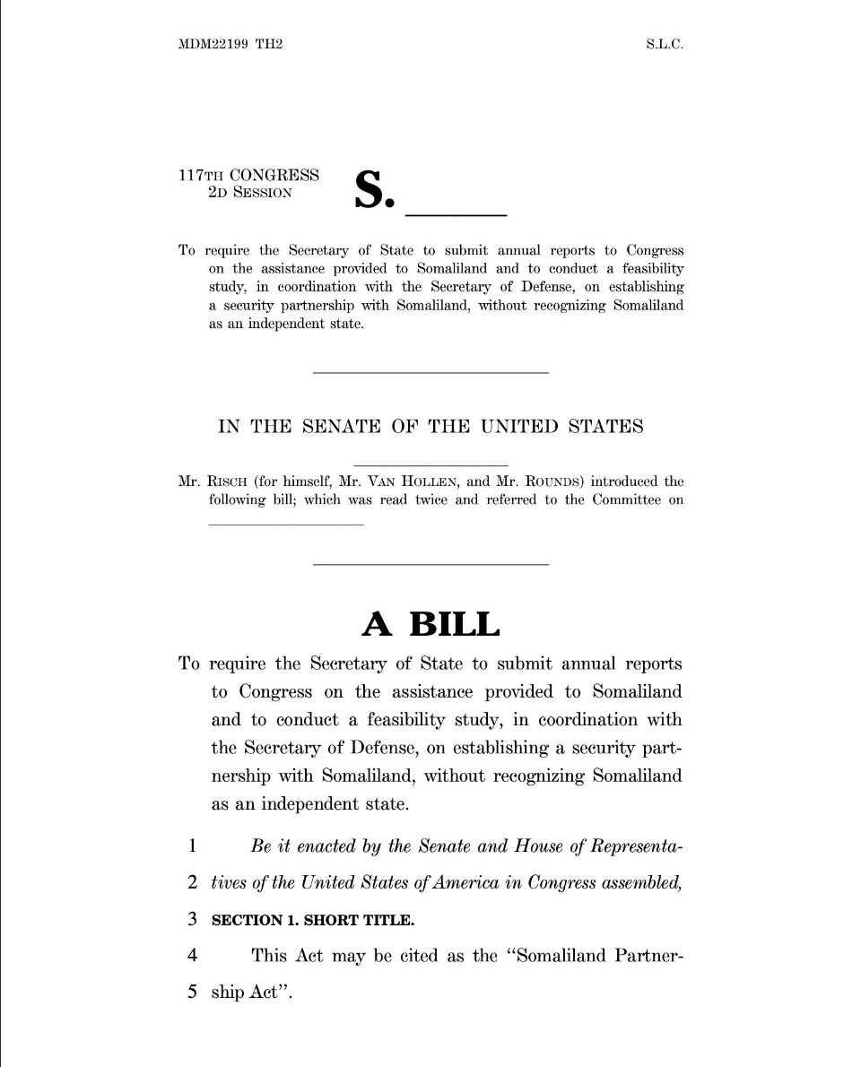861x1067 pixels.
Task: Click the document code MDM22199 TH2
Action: tap(230, 44)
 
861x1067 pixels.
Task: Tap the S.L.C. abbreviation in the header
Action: tap(664, 44)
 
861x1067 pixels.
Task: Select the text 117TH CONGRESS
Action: tap(248, 175)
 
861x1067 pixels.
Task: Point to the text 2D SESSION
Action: tap(249, 192)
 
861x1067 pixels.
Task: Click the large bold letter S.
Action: tap(373, 189)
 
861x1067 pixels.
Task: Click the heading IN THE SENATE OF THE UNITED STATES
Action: tap(430, 427)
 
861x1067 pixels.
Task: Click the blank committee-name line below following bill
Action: tap(286, 524)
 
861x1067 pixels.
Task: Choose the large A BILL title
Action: tap(430, 623)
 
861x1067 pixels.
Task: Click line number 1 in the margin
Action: tap(192, 846)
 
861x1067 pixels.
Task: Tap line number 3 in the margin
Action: tap(192, 919)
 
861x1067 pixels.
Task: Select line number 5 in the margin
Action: tap(192, 993)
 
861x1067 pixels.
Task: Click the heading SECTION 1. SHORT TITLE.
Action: tap(313, 920)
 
